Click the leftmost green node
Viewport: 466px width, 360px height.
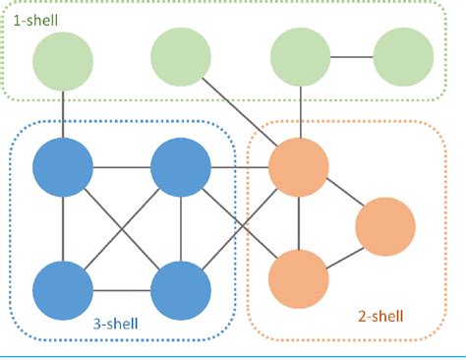tap(63, 58)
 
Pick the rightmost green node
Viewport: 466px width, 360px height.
tap(403, 58)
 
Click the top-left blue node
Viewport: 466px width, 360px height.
tap(63, 168)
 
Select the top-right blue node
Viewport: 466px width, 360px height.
tap(181, 168)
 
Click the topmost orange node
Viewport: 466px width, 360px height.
tap(298, 168)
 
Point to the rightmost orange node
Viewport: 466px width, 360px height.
tap(385, 228)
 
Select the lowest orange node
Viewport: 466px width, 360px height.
tap(298, 280)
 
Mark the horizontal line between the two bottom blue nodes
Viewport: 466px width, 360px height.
tap(122, 291)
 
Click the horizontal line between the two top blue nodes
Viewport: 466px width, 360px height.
tap(122, 168)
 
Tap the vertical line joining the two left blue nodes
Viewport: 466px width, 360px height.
tap(63, 229)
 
